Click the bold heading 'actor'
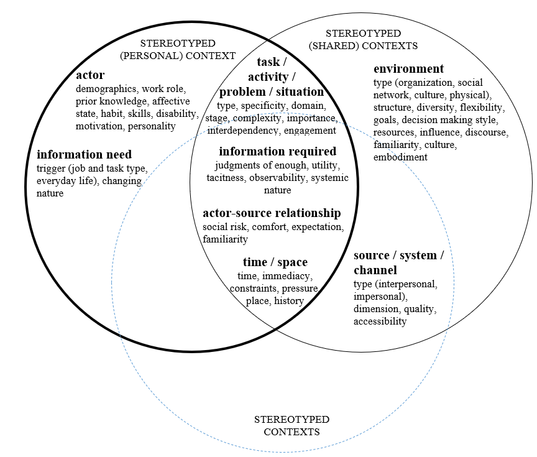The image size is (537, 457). (90, 76)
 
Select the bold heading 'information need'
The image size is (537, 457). (85, 155)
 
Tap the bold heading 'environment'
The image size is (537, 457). (408, 69)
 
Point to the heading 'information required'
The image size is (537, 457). (277, 152)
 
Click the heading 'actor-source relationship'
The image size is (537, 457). (272, 213)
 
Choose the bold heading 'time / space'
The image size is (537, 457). (275, 262)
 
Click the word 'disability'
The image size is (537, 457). (177, 114)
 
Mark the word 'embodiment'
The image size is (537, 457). (400, 157)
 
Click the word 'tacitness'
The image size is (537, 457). (227, 178)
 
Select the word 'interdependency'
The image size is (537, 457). (242, 131)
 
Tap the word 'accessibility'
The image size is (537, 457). (380, 321)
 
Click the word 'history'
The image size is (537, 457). (289, 301)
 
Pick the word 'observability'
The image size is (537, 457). (278, 178)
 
